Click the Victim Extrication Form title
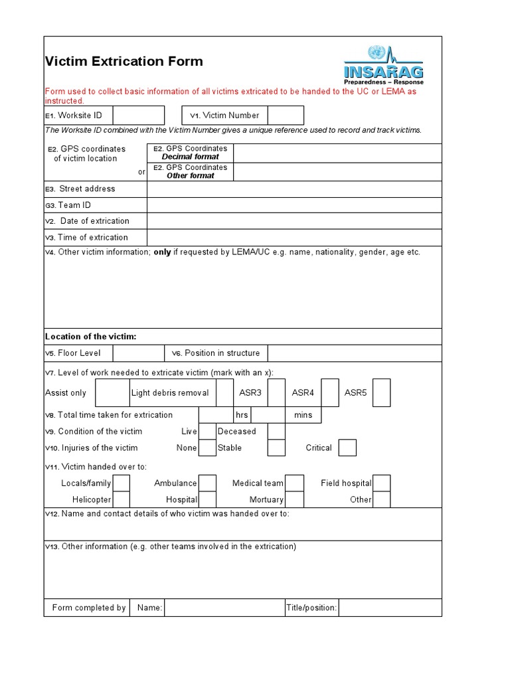(124, 62)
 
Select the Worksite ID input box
(138, 116)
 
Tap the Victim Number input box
(286, 116)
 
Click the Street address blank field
(294, 189)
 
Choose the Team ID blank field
(294, 206)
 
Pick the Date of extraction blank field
(294, 221)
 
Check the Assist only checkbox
(112, 392)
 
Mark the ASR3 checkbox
(276, 392)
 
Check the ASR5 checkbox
(381, 392)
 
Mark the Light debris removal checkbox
(224, 392)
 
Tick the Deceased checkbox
(276, 432)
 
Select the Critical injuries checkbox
(347, 448)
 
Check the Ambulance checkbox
(207, 483)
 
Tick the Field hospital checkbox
(381, 483)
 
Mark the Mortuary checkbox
(294, 499)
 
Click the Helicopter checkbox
(120, 499)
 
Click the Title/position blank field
(390, 608)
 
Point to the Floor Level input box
(138, 353)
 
